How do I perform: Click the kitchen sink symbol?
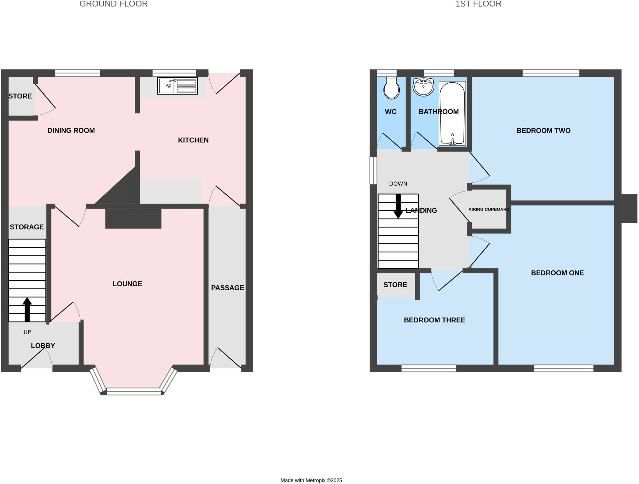(x=177, y=86)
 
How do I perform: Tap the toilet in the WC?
(x=391, y=89)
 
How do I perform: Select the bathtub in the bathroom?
(x=452, y=113)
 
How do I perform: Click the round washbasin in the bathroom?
(x=423, y=86)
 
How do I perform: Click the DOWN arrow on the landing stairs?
(x=398, y=206)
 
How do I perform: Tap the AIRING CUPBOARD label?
(x=489, y=209)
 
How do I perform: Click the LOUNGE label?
(x=127, y=284)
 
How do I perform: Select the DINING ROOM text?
(x=71, y=130)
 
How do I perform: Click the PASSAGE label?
(x=227, y=288)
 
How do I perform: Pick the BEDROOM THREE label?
(x=434, y=320)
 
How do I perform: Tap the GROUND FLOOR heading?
(x=114, y=4)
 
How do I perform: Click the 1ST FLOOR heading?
(x=478, y=4)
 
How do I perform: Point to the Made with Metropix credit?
(x=311, y=480)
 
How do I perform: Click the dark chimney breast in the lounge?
(x=133, y=218)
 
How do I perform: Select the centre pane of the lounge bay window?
(x=134, y=391)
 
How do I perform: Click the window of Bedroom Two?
(x=551, y=73)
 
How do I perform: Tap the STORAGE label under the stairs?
(x=27, y=227)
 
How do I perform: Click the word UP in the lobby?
(x=27, y=332)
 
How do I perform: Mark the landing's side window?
(x=373, y=170)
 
